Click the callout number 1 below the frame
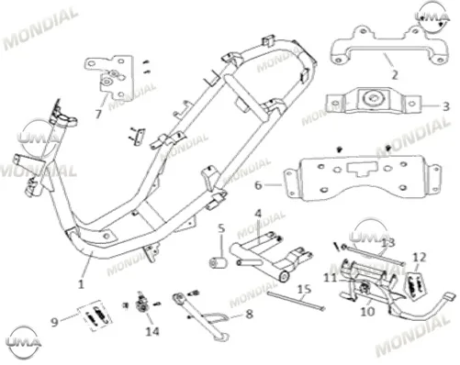pos(81,284)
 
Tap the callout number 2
pos(395,74)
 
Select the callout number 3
pos(446,106)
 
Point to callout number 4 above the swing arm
pos(258,214)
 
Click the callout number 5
pos(221,228)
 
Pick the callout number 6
pos(259,185)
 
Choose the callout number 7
pos(98,114)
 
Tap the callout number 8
pos(250,314)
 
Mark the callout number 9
pos(54,322)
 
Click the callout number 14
pos(152,331)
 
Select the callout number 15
pos(304,289)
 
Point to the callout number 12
pos(420,258)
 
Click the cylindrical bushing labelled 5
pos(219,263)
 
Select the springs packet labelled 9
pos(95,315)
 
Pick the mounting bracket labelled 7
pos(109,77)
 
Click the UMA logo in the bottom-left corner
pos(24,341)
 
